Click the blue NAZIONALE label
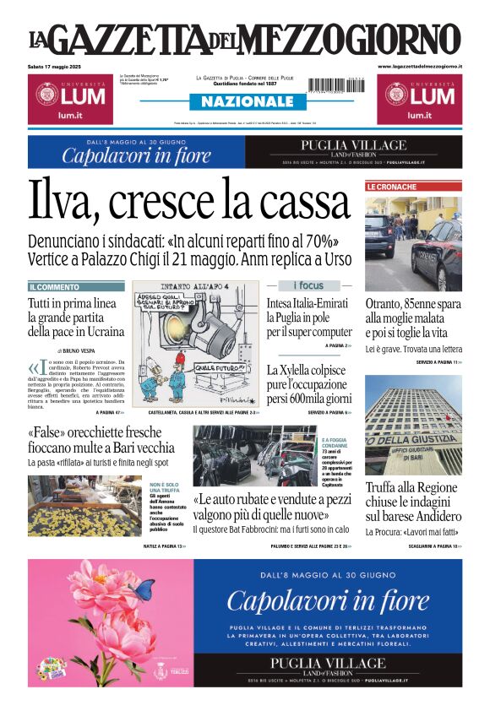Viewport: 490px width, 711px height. click(242, 101)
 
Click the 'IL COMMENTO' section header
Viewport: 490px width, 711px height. click(55, 287)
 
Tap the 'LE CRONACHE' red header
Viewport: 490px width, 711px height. click(391, 187)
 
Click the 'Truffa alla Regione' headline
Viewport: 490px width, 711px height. click(411, 487)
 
